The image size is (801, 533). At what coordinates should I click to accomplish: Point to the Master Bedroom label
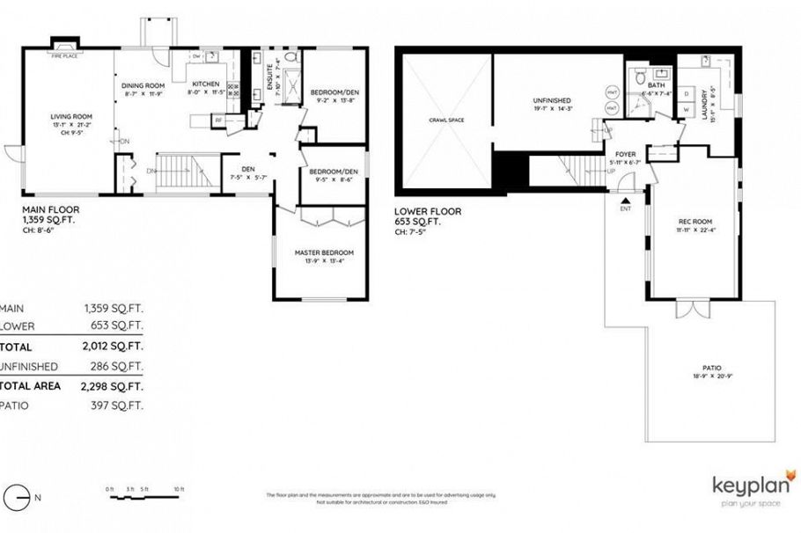[320, 253]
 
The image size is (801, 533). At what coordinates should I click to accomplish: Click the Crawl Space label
[446, 120]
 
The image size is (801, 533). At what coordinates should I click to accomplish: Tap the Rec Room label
[693, 223]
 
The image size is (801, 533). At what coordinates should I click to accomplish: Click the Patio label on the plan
[711, 367]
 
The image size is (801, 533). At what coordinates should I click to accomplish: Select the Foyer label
[625, 154]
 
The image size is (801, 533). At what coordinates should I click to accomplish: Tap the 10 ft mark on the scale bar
[179, 488]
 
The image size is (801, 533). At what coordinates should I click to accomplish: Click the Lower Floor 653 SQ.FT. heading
[427, 217]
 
